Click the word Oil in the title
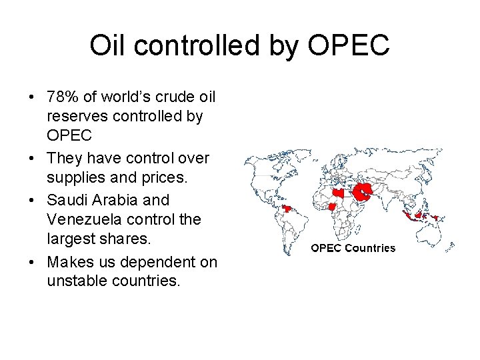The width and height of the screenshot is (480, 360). click(107, 45)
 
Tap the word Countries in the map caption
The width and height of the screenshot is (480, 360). click(371, 248)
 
